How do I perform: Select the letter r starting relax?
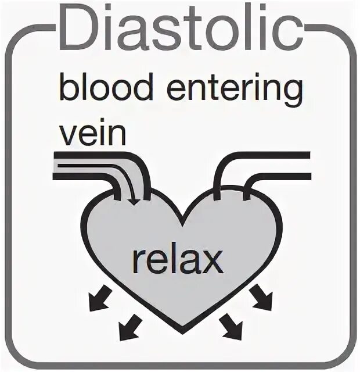(137, 263)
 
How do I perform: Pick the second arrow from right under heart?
(231, 328)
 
